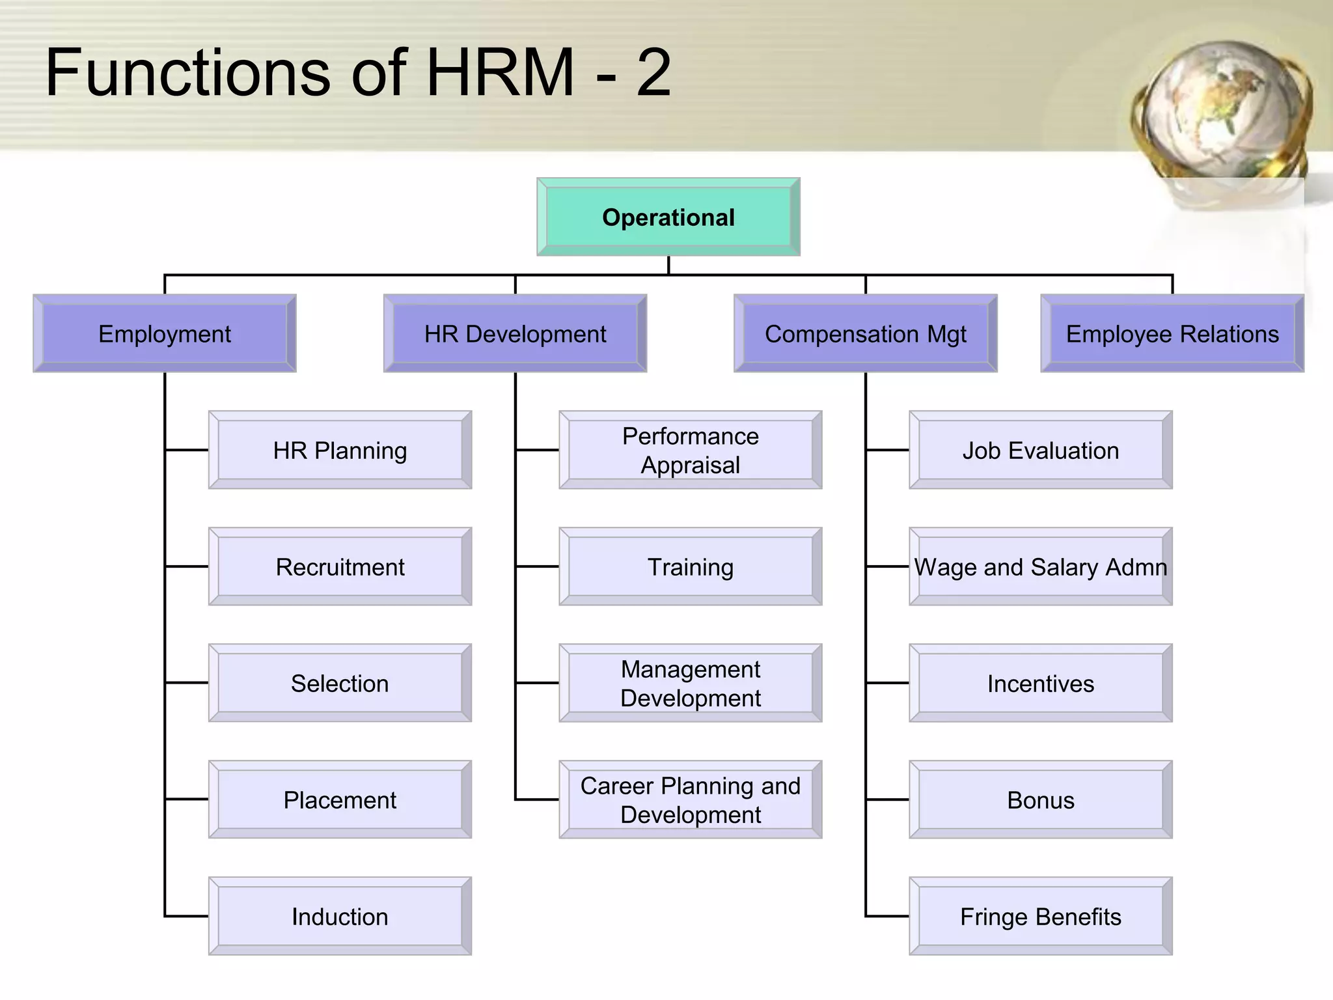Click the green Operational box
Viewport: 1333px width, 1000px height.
coord(668,217)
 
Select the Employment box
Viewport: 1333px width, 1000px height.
coord(165,333)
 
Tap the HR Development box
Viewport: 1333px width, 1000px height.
coord(515,333)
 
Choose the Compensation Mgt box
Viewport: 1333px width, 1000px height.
coord(865,333)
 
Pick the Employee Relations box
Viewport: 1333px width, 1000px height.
coord(1172,333)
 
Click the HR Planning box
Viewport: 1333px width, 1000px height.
coord(340,450)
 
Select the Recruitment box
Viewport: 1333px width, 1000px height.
coord(340,566)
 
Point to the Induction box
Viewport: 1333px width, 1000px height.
coord(340,916)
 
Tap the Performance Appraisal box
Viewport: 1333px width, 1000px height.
coord(691,450)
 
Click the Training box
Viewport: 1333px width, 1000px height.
coord(691,566)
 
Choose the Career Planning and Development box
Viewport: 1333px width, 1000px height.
coord(691,799)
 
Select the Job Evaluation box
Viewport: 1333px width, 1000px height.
coord(1041,450)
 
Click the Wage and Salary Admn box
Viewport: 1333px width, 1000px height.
coord(1041,566)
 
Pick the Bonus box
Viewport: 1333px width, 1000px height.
coord(1041,799)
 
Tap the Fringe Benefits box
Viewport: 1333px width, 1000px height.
coord(1041,916)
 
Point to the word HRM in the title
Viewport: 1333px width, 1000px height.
coord(500,73)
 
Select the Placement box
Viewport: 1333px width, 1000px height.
coord(340,799)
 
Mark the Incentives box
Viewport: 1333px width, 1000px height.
coord(1041,683)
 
